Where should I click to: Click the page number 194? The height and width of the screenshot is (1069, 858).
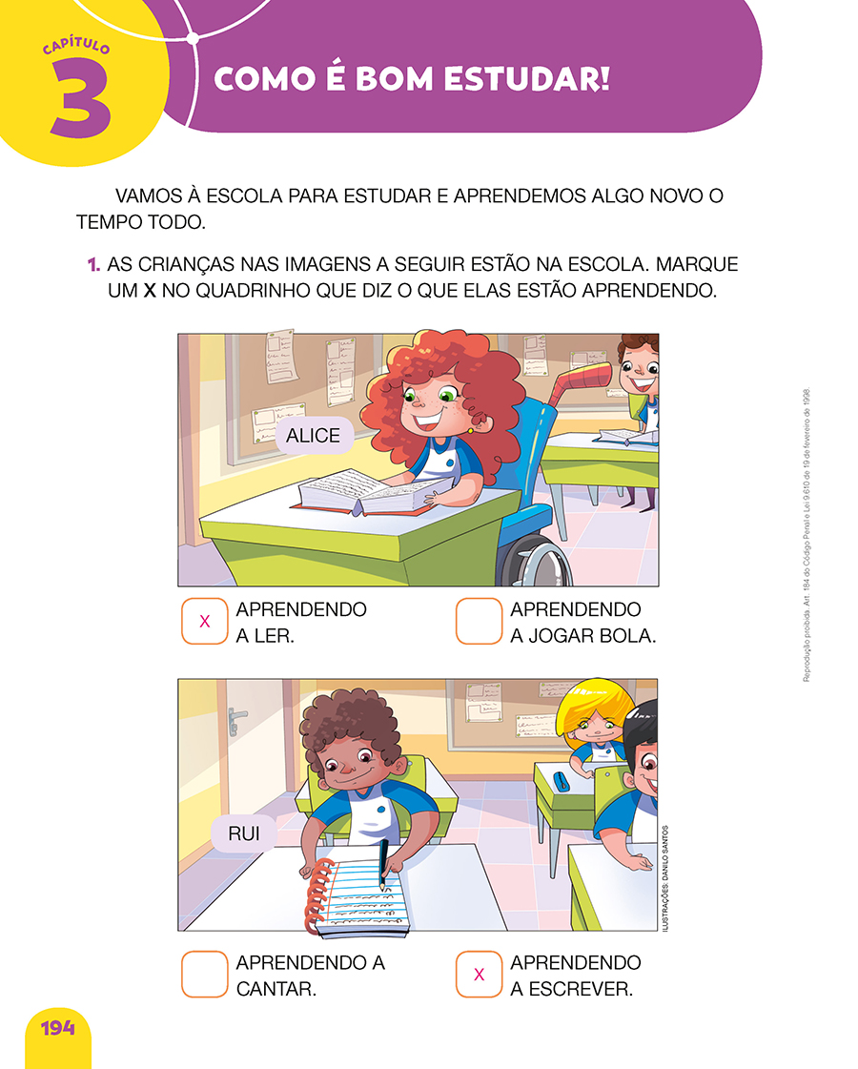pos(58,1028)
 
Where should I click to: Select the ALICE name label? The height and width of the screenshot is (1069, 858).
pos(314,435)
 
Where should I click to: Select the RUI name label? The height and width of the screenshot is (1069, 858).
pos(244,833)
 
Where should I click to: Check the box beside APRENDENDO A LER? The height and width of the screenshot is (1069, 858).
pos(204,621)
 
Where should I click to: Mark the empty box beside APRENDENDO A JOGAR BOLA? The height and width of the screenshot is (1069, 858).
pos(480,621)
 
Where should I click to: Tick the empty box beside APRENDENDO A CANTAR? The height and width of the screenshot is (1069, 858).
pos(204,975)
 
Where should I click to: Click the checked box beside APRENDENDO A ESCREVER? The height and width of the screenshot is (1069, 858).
pos(480,975)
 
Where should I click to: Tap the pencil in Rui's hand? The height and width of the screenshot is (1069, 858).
pos(383,864)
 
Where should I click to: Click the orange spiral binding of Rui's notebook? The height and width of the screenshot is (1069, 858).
pos(317,895)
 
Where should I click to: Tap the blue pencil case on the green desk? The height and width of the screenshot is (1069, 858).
pos(561,781)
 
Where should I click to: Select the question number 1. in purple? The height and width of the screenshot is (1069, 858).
pos(94,264)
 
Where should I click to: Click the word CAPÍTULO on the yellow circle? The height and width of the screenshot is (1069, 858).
pos(76,46)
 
